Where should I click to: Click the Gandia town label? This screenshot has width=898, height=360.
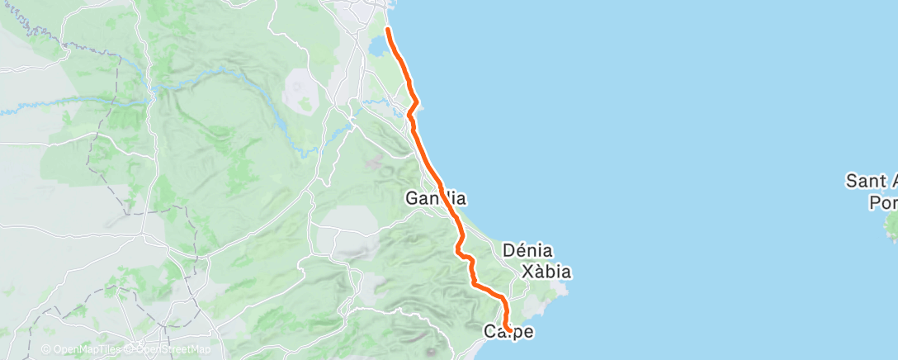coord(437,199)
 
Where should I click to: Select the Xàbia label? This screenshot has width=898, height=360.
coord(546,271)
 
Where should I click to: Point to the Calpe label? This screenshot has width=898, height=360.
coord(508,332)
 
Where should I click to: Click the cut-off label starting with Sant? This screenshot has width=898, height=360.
coord(872,181)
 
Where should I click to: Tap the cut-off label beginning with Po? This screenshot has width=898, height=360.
coord(883,201)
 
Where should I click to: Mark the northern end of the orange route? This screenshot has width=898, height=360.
coord(387,30)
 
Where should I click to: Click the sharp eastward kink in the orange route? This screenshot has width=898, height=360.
coord(418,102)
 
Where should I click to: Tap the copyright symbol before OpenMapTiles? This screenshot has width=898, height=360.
coord(45,349)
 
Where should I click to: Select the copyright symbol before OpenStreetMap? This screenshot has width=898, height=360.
coord(131,349)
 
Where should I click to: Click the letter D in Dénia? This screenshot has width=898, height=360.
coord(508,250)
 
